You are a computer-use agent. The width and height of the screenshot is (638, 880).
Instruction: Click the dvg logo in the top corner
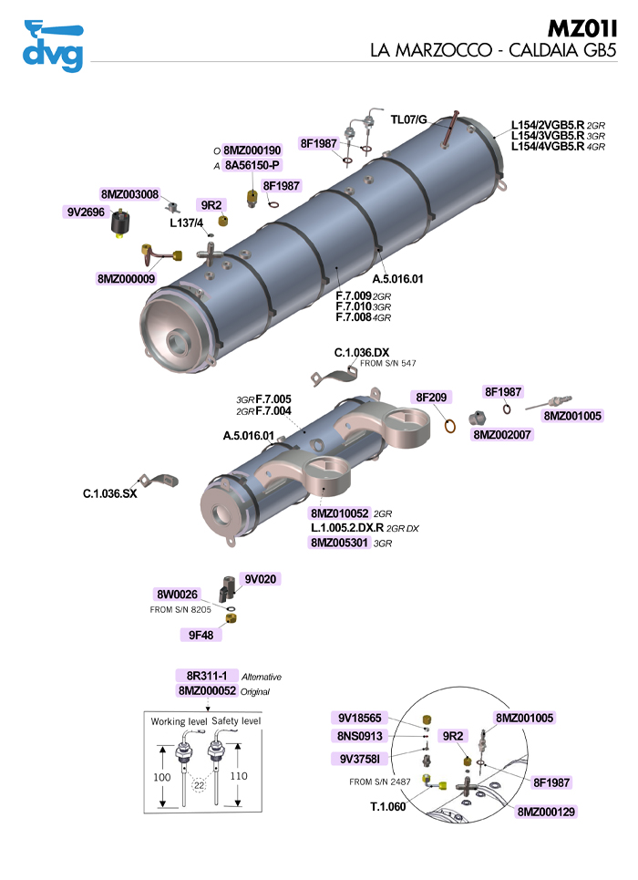pos(52,45)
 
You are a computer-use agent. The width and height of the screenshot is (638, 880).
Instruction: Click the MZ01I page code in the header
pos(582,27)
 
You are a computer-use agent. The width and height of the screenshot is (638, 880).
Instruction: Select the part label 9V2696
pos(85,212)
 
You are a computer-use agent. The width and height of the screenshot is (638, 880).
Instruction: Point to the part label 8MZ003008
pos(129,194)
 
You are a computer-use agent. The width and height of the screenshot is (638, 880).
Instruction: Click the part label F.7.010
pos(354,306)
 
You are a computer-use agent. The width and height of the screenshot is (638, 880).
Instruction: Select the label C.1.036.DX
pos(362,352)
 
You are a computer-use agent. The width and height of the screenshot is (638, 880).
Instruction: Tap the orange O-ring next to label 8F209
pos(450,425)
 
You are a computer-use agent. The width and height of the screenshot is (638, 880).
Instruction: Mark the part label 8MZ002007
pos(503,435)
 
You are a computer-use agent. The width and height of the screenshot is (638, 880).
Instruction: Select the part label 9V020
pos(260,579)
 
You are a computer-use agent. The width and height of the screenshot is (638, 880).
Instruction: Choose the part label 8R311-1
pos(206,676)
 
